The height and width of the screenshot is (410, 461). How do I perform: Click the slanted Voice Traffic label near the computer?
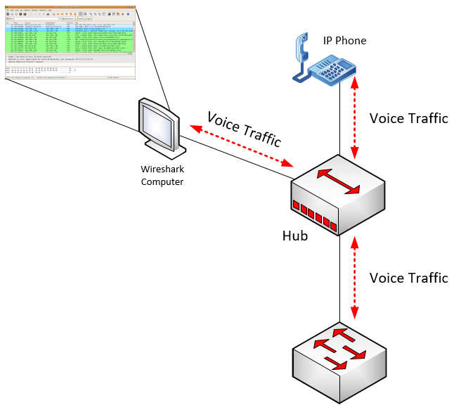click(243, 127)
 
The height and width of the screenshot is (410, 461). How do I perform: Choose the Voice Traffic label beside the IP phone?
click(408, 118)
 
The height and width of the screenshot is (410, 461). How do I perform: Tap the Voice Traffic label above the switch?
click(408, 278)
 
